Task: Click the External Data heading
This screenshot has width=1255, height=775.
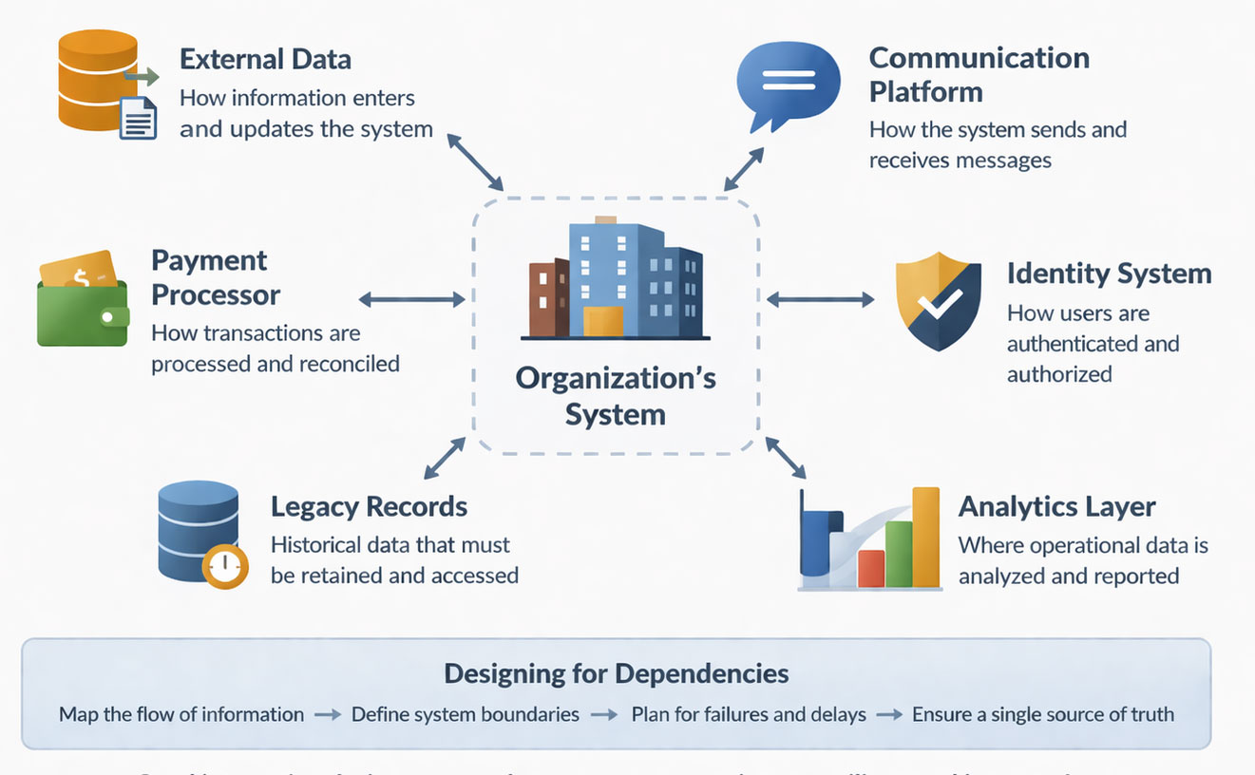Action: pyautogui.click(x=265, y=59)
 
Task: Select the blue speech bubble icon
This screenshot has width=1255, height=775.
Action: pyautogui.click(x=788, y=84)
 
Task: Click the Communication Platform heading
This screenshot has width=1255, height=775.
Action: pyautogui.click(x=979, y=74)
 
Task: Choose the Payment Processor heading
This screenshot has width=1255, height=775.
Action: pyautogui.click(x=216, y=277)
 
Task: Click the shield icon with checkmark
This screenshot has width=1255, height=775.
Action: pyautogui.click(x=938, y=301)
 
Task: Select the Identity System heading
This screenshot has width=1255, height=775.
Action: pyautogui.click(x=1109, y=274)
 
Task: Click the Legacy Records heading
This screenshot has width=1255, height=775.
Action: pyautogui.click(x=369, y=506)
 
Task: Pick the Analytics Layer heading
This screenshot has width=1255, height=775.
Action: pyautogui.click(x=1056, y=506)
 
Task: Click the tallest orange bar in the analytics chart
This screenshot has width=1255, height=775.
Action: pyautogui.click(x=925, y=537)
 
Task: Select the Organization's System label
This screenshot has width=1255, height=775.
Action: pyautogui.click(x=616, y=395)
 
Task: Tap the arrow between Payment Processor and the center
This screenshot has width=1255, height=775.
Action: pyautogui.click(x=411, y=300)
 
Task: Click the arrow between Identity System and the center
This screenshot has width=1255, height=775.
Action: pyautogui.click(x=820, y=300)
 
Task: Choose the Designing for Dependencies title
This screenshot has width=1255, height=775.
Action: pyautogui.click(x=616, y=673)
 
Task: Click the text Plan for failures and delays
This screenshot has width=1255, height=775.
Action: pyautogui.click(x=749, y=714)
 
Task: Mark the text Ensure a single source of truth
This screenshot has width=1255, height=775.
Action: pyautogui.click(x=1042, y=714)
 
